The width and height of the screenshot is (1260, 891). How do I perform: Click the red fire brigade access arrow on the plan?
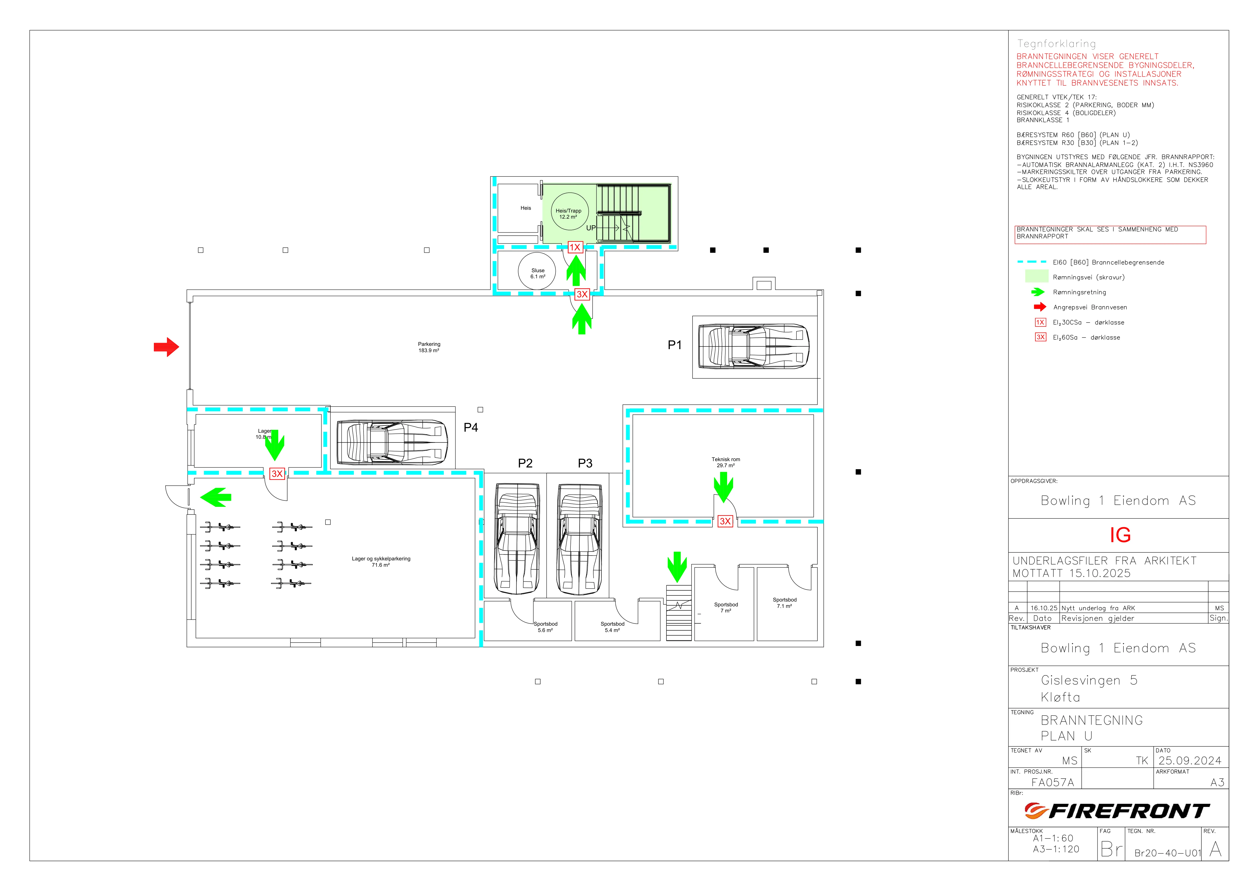166,347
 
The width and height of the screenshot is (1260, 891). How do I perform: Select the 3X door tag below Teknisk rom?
725,521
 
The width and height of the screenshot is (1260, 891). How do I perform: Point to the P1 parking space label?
675,345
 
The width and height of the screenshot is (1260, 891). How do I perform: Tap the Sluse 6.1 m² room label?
538,273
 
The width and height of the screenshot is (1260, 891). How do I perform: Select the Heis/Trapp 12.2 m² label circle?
570,211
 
